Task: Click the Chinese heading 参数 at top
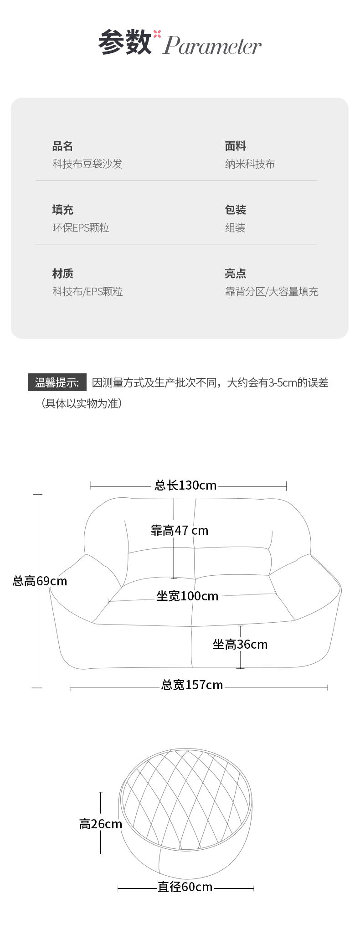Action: tap(125, 42)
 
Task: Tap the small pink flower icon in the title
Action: tap(157, 34)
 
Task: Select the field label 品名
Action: tap(62, 146)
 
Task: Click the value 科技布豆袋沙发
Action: tap(87, 164)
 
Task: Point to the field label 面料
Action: tap(235, 146)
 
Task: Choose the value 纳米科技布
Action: tap(250, 164)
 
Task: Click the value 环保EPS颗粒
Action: tap(81, 228)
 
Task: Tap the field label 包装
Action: tap(235, 210)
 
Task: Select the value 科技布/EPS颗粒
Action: tap(87, 292)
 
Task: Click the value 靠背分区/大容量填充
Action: tap(272, 292)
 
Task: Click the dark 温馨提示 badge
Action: tap(57, 382)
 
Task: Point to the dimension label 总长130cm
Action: tap(185, 485)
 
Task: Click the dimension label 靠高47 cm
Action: tap(180, 530)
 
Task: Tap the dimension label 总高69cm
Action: tap(40, 581)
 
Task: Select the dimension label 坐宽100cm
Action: tap(187, 596)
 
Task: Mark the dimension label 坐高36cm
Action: tap(240, 644)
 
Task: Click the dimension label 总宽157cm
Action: tap(192, 685)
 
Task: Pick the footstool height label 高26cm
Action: tap(101, 824)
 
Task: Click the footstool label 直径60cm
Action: tap(185, 887)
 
